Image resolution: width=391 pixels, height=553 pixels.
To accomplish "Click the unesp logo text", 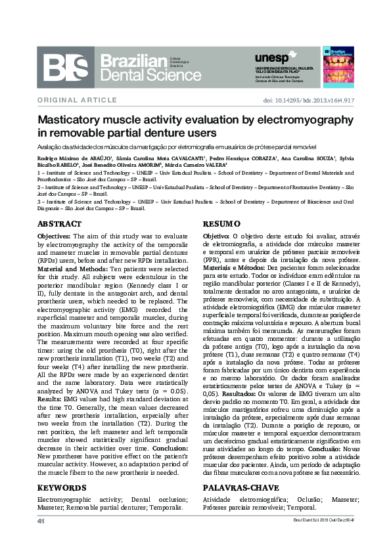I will coord(271,58).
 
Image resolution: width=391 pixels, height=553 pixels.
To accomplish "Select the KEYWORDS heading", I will coord(62,488).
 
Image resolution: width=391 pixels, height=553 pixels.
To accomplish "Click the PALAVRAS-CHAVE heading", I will coord(232,488).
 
